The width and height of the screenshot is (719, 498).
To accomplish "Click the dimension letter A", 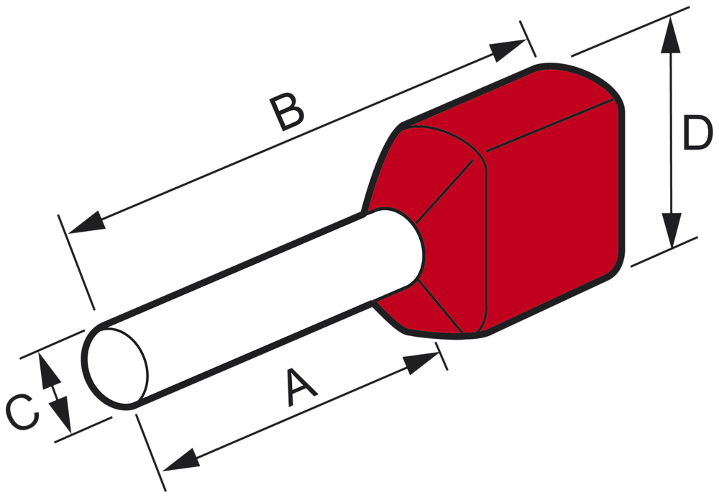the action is pos(300,387).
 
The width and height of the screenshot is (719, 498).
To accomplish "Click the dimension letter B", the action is pos(287,112).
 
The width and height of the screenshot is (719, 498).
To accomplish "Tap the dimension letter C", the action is pos(22,412).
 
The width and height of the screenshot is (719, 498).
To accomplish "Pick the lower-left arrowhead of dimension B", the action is pos(86,224).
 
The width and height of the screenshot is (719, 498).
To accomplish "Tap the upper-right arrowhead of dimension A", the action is pos(421,363).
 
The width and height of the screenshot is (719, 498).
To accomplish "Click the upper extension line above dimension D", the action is pos(630,32).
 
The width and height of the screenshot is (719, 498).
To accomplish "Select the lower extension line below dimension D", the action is pos(664,252).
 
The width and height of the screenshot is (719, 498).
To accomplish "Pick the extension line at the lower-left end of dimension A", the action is pos(151,453).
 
